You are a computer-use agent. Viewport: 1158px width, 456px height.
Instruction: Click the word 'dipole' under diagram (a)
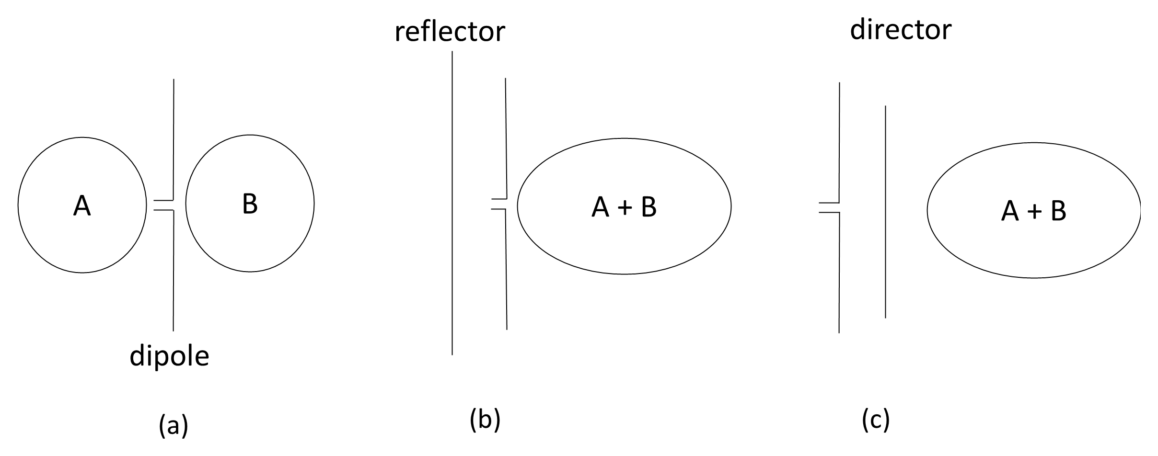169,357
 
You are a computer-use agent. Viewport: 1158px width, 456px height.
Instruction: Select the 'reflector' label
450,31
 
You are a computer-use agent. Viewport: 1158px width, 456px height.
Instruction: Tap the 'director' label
901,30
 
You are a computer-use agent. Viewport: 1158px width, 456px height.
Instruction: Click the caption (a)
173,425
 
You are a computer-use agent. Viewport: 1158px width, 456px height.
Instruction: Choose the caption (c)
876,420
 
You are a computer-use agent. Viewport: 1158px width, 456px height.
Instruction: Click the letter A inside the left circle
82,206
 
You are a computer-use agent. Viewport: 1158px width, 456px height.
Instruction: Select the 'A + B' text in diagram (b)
624,207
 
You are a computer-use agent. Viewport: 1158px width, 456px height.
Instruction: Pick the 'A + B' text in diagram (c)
1034,211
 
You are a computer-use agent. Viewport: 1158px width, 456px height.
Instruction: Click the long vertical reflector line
452,203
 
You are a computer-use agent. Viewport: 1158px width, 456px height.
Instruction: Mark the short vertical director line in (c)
885,212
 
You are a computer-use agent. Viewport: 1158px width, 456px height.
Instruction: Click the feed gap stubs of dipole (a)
163,205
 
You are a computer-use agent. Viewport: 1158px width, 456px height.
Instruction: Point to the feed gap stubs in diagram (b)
499,204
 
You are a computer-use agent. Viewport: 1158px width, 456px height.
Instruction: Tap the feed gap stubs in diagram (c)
829,207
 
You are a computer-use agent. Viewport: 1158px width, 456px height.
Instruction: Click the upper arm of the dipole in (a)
174,139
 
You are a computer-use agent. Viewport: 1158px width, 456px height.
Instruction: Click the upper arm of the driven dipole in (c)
839,142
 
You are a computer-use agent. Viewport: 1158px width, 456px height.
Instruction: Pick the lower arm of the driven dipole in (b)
506,269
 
